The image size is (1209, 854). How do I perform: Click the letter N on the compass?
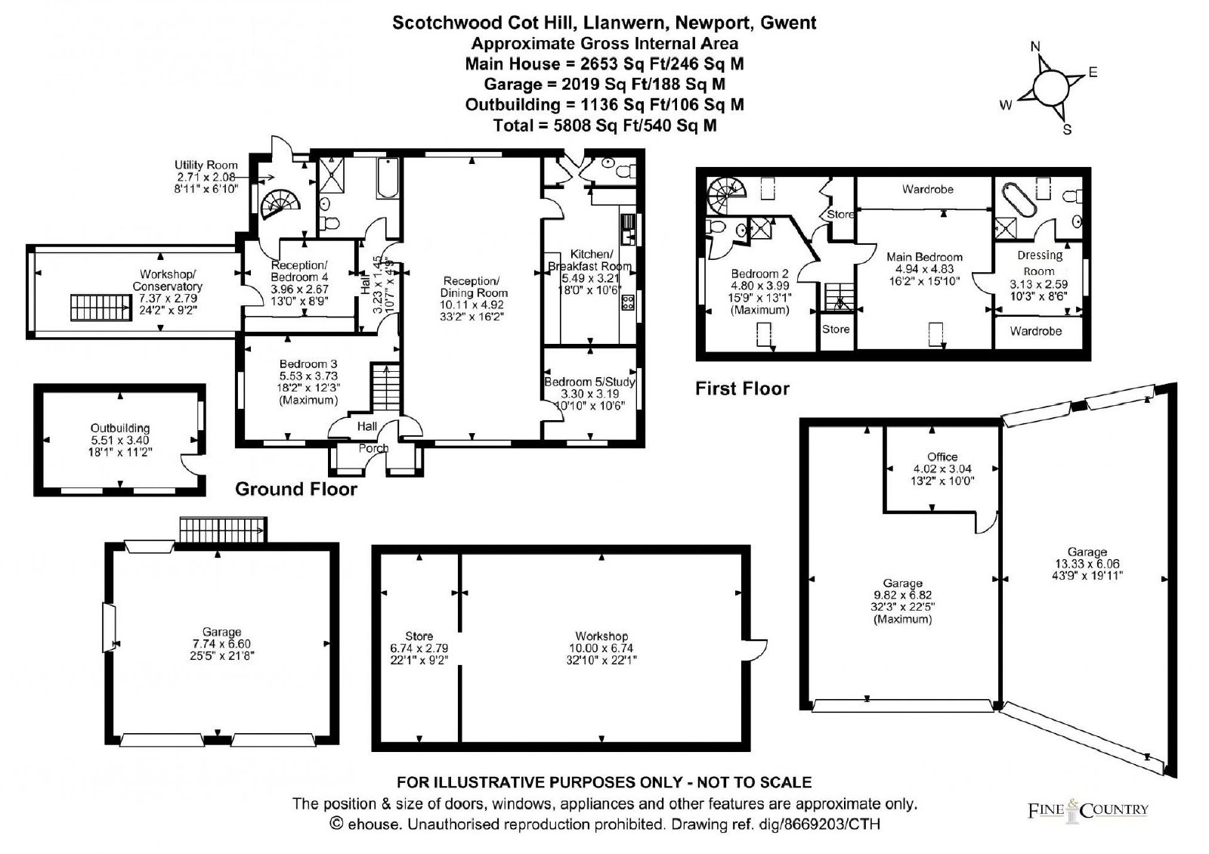tap(1035, 46)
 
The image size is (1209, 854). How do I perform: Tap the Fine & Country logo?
tap(1087, 810)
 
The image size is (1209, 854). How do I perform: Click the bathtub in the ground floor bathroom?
tap(388, 178)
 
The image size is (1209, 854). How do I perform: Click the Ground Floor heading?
tap(295, 489)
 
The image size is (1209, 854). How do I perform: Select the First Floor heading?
tap(742, 388)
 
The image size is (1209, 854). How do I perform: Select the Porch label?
tap(373, 448)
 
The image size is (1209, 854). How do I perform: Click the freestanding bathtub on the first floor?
tap(1019, 200)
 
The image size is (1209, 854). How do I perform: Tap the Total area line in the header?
tap(605, 125)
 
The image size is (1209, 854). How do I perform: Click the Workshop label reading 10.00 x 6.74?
tap(601, 648)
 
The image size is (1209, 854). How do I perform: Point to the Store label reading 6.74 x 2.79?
tap(419, 648)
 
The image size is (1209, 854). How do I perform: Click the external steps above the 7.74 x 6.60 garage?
tap(223, 530)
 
